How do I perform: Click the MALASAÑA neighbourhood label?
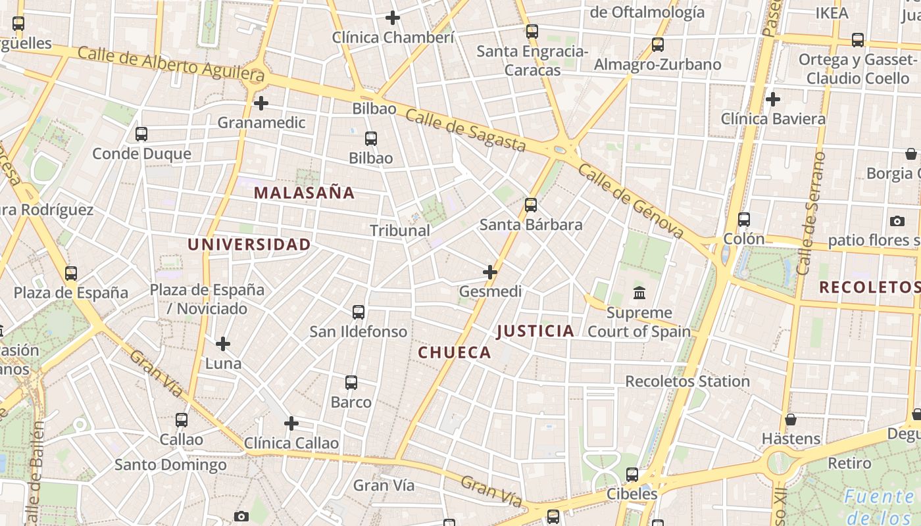pos(304,193)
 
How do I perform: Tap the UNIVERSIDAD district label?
pos(249,245)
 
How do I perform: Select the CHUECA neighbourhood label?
pos(455,352)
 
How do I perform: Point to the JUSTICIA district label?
pos(535,331)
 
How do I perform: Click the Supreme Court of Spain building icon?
pos(639,293)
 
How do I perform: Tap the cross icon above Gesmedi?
pos(490,272)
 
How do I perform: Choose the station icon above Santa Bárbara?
pos(531,205)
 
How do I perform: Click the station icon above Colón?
pos(744,220)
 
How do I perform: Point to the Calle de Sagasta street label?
pos(466,130)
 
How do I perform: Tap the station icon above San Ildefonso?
pos(359,312)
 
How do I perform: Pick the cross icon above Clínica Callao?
pos(291,423)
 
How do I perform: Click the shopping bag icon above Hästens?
pos(791,419)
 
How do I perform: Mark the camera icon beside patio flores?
pos(897,221)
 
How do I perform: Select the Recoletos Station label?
pos(687,381)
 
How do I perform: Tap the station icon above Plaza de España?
pos(71,273)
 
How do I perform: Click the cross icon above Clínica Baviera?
pos(773,99)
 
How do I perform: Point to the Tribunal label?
pos(400,230)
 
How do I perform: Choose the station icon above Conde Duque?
pos(141,134)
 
